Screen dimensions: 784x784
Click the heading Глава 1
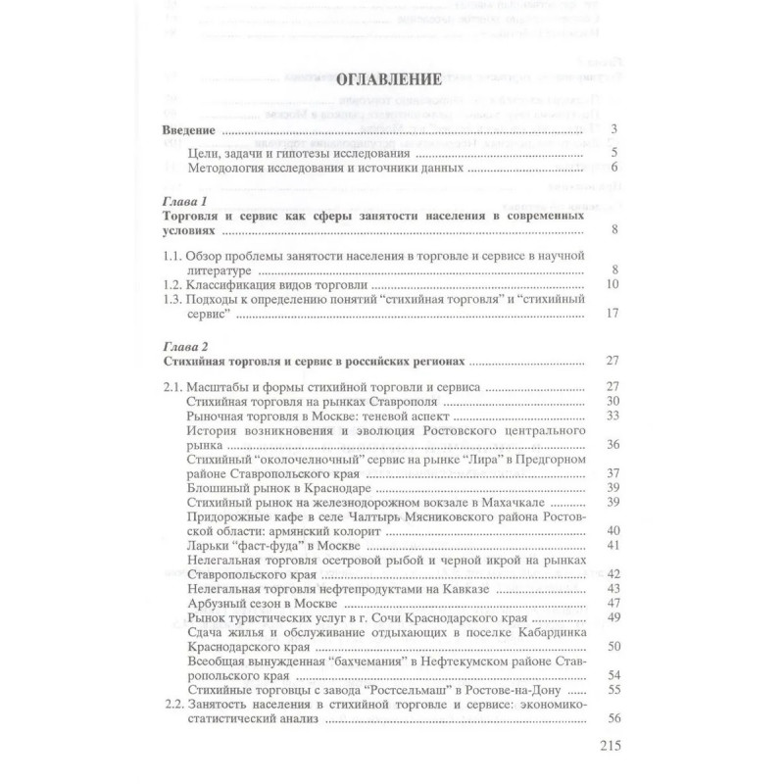tap(186, 202)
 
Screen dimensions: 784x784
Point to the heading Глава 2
tap(186, 346)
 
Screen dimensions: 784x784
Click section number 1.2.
tap(172, 284)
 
